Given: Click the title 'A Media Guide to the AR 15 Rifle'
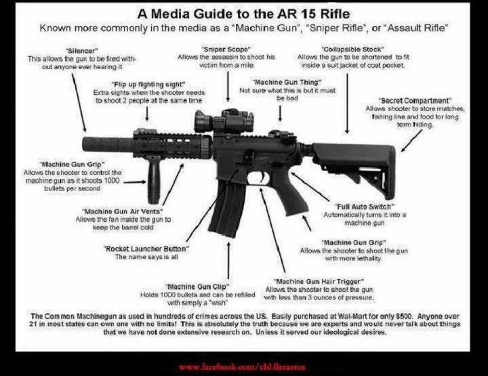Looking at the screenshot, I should click(x=244, y=12).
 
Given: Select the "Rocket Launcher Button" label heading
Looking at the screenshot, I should click(x=146, y=249).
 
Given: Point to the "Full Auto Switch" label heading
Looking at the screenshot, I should click(x=365, y=206).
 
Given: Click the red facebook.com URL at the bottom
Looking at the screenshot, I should click(x=243, y=367).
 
